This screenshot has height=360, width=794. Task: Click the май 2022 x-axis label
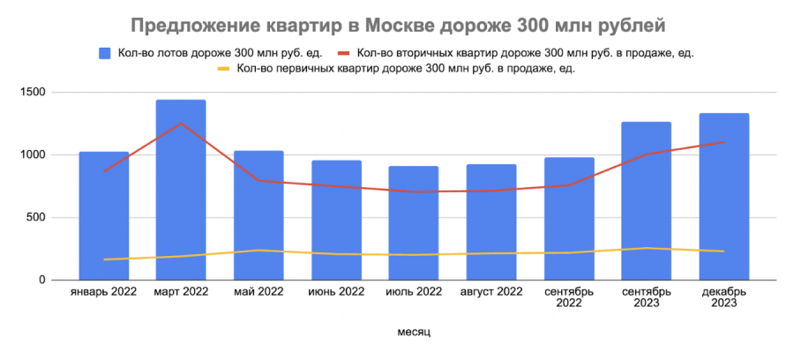pos(258,291)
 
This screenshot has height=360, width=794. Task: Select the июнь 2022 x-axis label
pos(336,291)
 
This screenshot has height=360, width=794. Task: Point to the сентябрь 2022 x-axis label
pos(569,296)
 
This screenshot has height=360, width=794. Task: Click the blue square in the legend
pos(105,53)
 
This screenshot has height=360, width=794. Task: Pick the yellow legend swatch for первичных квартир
pos(224,69)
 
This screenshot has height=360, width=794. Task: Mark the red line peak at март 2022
pos(181,123)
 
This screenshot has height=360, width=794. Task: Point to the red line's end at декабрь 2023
pos(724,142)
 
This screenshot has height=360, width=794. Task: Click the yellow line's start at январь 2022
pos(104,259)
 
